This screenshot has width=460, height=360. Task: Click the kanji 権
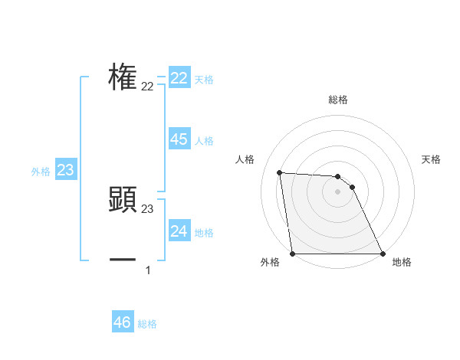click(x=123, y=77)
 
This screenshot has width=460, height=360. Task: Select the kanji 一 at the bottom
click(x=123, y=260)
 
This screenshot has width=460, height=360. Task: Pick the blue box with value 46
click(x=122, y=322)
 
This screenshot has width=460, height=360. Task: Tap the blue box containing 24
click(x=179, y=231)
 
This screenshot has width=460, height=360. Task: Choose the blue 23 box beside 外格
click(x=65, y=169)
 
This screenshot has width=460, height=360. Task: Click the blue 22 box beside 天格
click(x=179, y=78)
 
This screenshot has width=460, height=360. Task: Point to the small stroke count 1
click(x=148, y=270)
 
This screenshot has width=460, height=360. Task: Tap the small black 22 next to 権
click(x=147, y=87)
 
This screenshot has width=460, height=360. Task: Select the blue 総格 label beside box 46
click(x=147, y=324)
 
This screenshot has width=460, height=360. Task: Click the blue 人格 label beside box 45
click(x=204, y=141)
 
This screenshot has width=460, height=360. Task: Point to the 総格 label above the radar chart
click(x=337, y=100)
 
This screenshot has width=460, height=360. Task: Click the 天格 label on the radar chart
click(x=431, y=159)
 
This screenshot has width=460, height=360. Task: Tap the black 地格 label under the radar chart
click(x=402, y=262)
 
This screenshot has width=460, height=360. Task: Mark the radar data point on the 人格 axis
click(x=280, y=172)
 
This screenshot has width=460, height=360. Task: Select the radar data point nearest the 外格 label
click(x=293, y=254)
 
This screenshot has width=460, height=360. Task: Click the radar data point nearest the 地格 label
click(x=382, y=254)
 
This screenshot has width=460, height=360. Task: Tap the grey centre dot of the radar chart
click(x=337, y=191)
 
